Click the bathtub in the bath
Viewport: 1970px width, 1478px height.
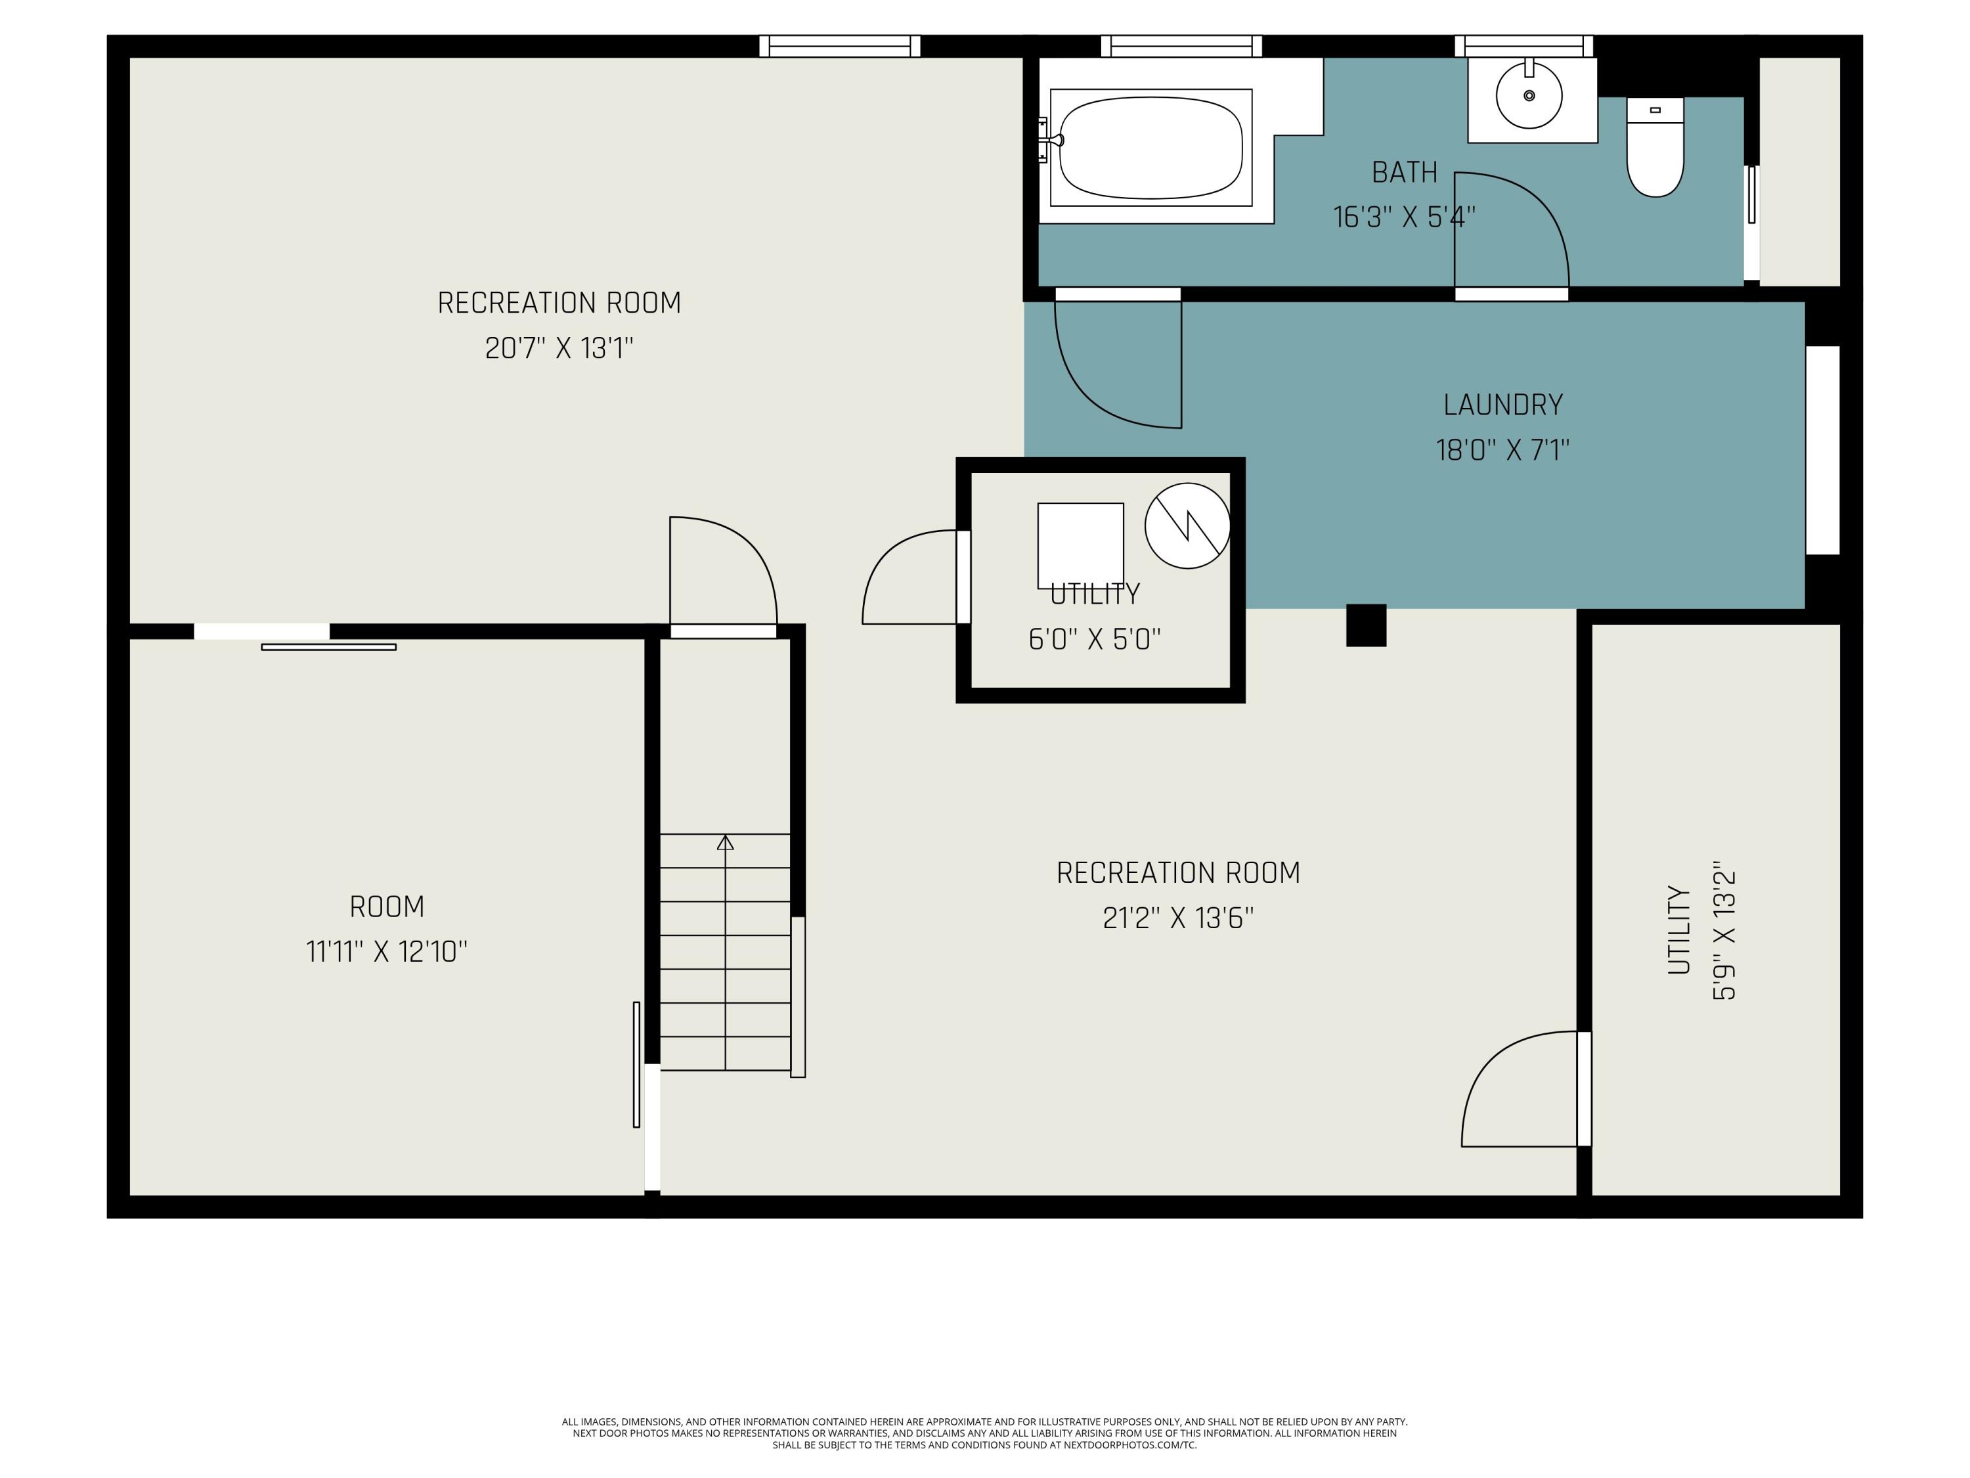click(x=1150, y=147)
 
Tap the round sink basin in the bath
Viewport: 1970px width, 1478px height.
click(x=1529, y=95)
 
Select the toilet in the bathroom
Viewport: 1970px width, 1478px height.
click(x=1655, y=147)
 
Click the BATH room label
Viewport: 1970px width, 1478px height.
click(x=1405, y=172)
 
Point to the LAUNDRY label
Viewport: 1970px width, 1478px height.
click(x=1502, y=405)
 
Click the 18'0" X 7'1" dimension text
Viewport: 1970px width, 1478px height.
click(x=1502, y=450)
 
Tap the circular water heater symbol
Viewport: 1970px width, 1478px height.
click(x=1187, y=526)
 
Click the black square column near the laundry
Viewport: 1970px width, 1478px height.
click(x=1366, y=625)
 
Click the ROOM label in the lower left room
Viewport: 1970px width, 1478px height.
click(x=387, y=907)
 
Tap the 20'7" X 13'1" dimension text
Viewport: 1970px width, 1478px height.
click(x=559, y=347)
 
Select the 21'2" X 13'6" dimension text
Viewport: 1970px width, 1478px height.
click(x=1178, y=918)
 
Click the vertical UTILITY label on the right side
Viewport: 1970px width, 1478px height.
click(x=1679, y=930)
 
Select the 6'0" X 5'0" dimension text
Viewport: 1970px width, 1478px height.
click(x=1095, y=640)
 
